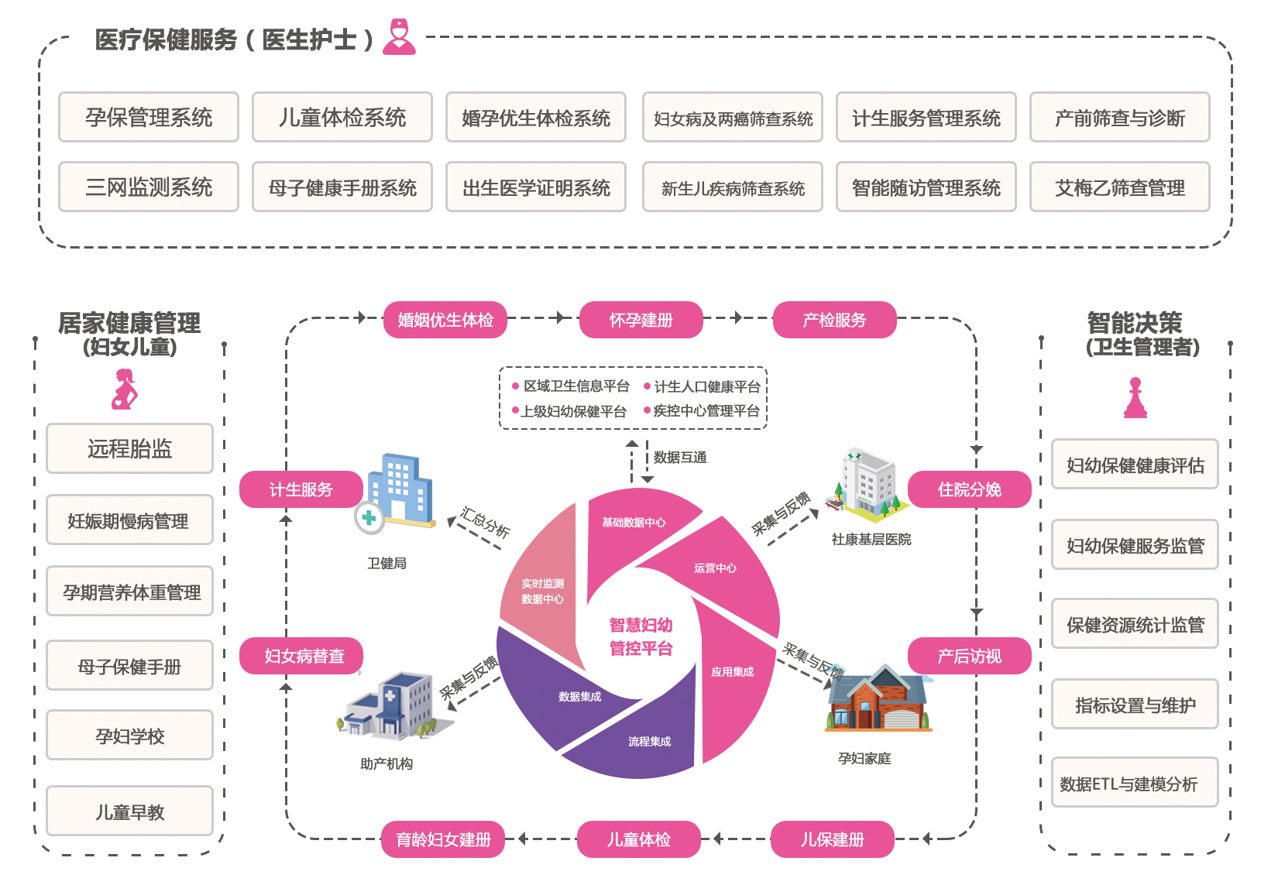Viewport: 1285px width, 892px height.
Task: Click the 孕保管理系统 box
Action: click(x=149, y=118)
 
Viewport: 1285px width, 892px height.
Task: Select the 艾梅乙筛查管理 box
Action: click(x=1119, y=187)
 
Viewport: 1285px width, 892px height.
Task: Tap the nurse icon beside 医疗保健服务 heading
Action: click(x=400, y=37)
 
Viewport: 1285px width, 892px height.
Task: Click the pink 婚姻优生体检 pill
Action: click(x=445, y=320)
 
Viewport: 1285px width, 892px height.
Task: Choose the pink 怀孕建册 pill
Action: click(x=641, y=320)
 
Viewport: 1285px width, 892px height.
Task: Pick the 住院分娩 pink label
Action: click(x=969, y=489)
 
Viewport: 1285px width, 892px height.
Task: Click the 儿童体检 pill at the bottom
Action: click(x=638, y=839)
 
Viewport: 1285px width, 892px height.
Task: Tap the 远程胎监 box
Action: click(x=129, y=448)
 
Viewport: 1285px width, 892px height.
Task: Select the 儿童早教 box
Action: click(x=129, y=811)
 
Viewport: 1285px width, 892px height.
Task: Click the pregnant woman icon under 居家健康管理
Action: click(x=125, y=389)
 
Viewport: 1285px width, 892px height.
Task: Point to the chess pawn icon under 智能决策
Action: click(x=1136, y=398)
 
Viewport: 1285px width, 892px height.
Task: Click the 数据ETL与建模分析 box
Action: click(x=1134, y=784)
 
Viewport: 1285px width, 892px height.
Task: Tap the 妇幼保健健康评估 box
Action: click(x=1134, y=465)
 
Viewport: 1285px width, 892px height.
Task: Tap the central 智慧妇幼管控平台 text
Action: click(x=641, y=636)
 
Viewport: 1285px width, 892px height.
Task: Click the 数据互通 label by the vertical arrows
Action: click(x=680, y=458)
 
